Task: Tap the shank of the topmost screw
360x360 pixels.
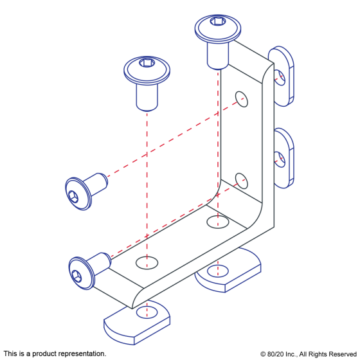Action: tap(218, 56)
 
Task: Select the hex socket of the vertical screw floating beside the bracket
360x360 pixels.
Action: tap(145, 62)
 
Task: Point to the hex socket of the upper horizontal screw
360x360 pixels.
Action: tap(73, 197)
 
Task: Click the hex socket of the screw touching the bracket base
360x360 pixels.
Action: tap(76, 276)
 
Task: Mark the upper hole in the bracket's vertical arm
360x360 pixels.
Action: tap(242, 99)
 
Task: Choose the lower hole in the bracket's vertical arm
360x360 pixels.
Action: tap(242, 181)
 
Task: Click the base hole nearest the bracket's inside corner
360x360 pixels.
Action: tap(218, 222)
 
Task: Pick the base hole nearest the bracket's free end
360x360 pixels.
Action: tap(147, 263)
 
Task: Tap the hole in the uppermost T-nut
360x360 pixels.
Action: tap(280, 78)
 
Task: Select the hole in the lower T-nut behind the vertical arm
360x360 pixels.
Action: tap(280, 159)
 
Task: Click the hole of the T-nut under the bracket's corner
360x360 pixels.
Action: tap(218, 271)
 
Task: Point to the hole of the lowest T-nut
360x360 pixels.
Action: tap(147, 312)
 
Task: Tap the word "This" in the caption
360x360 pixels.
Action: tap(10, 354)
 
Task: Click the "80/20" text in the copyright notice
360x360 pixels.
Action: tap(275, 354)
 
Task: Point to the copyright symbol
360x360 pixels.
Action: tap(263, 354)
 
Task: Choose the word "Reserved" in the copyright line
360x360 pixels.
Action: tap(343, 354)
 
